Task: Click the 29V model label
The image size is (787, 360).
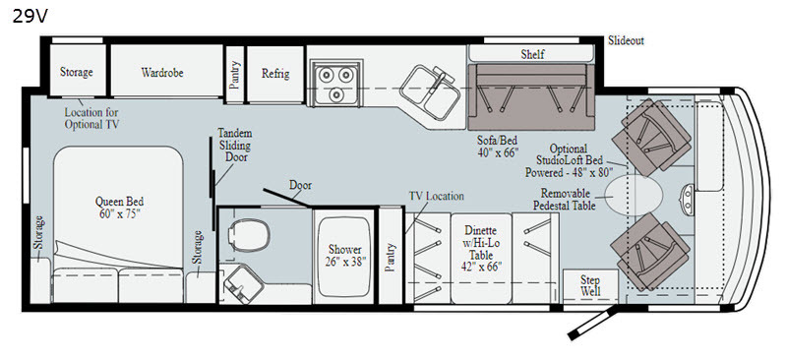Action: (x=30, y=17)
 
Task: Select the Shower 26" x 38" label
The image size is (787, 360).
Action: (x=345, y=255)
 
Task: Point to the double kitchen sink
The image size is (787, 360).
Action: (x=430, y=92)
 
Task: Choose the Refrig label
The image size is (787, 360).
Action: (x=275, y=74)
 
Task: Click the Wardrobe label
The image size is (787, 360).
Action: (x=162, y=73)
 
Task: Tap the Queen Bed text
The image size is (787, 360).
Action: (x=119, y=202)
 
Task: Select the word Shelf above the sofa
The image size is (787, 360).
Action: (x=532, y=54)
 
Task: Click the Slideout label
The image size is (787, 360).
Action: (x=626, y=40)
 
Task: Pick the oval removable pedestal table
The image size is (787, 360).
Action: (x=634, y=196)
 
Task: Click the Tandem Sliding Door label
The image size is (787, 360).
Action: (x=234, y=146)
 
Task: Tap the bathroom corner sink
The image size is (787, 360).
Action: (x=243, y=284)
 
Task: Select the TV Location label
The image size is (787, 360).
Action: (x=436, y=197)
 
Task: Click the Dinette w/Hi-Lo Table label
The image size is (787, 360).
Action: (x=481, y=249)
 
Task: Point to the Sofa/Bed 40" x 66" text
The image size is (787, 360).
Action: (x=498, y=147)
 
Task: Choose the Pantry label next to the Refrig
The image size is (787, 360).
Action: (x=234, y=75)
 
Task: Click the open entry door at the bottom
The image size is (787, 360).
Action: (x=592, y=323)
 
